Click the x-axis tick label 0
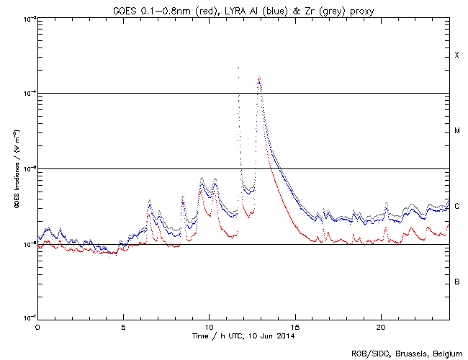click(37, 326)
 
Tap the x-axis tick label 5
click(123, 326)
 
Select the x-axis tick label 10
click(209, 326)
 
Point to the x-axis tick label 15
click(294, 326)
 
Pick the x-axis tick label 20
click(381, 326)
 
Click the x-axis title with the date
click(244, 336)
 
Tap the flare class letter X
click(456, 55)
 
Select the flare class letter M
click(456, 131)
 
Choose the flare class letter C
click(456, 207)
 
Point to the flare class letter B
click(456, 282)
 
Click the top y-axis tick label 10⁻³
click(27, 18)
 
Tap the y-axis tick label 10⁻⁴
click(27, 94)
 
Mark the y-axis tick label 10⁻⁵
click(27, 169)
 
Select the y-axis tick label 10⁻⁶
click(27, 244)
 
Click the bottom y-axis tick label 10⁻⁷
click(27, 319)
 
